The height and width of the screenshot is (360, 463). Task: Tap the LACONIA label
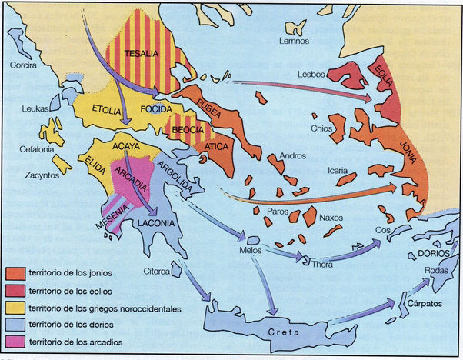pos(157,225)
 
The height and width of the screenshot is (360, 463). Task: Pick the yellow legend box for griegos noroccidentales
pos(15,308)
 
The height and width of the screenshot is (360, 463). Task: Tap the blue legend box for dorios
pos(15,325)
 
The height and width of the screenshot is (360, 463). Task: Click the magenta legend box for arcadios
pos(15,342)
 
